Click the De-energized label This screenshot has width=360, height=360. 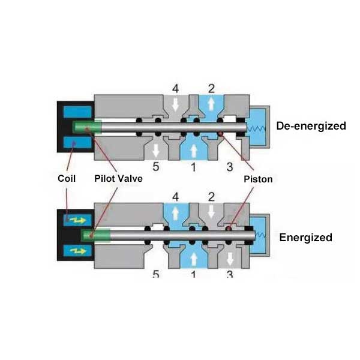311,126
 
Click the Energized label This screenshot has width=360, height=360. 305,237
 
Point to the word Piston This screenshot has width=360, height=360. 258,179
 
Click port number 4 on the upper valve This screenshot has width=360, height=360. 176,88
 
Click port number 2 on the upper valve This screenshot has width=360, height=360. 211,88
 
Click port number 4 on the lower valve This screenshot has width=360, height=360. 176,197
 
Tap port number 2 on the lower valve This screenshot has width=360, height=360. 211,197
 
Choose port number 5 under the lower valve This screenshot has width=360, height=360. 156,275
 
